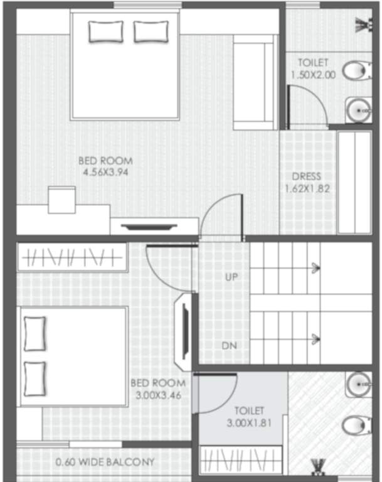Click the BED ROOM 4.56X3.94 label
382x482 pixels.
(105, 166)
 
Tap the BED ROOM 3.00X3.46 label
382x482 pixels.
(158, 389)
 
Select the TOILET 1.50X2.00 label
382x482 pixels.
(313, 68)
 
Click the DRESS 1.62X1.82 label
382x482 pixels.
(307, 182)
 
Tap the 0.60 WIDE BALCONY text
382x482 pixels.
(104, 463)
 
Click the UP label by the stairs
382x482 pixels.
(231, 276)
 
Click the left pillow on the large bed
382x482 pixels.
(106, 31)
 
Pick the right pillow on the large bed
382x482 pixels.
(151, 31)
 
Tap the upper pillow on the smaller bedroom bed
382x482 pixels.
(34, 334)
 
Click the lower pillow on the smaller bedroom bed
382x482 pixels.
(34, 378)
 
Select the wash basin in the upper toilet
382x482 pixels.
(358, 110)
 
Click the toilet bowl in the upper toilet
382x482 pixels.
(356, 70)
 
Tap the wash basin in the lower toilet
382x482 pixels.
(359, 384)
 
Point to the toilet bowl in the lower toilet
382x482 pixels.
(356, 426)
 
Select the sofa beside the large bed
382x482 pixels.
(255, 82)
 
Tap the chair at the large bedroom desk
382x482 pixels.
(61, 200)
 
